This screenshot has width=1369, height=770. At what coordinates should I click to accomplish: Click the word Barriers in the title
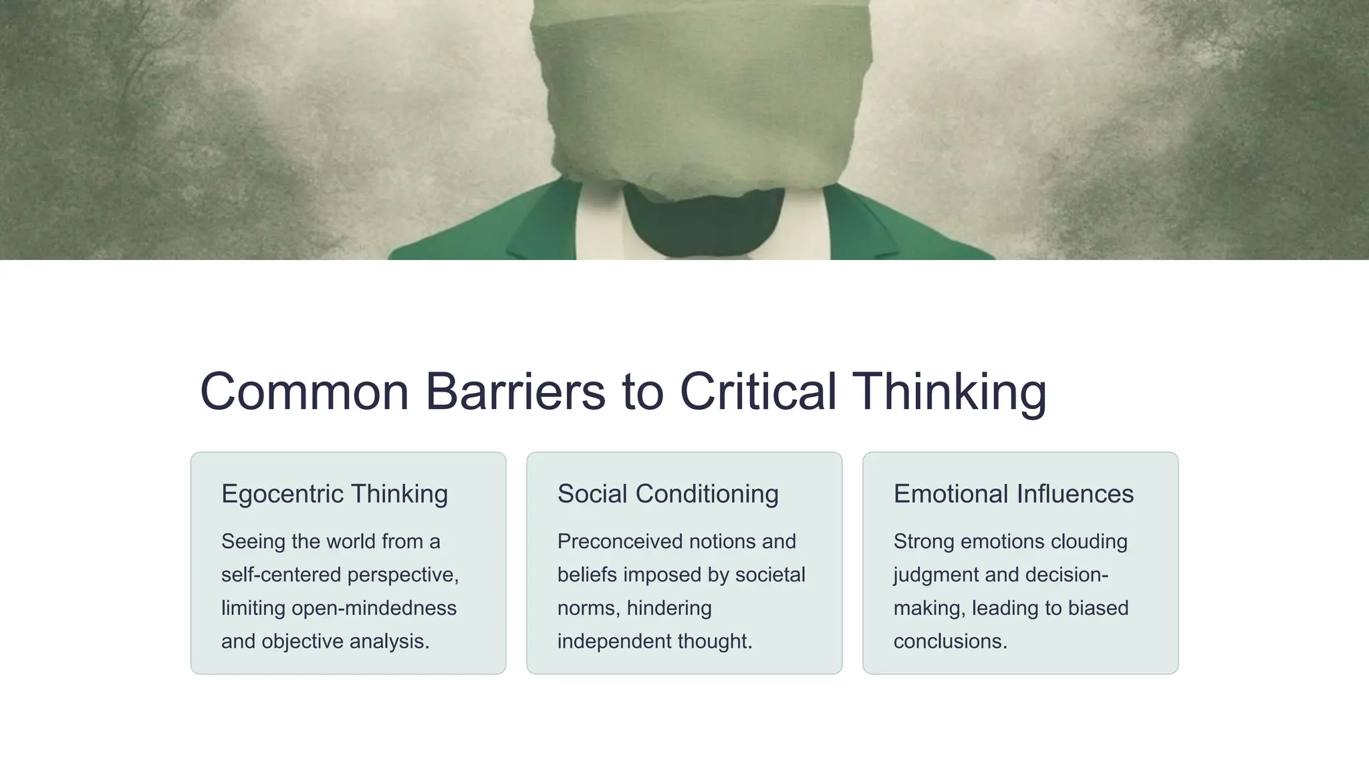pyautogui.click(x=515, y=392)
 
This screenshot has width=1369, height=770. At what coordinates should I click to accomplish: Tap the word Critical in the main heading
pyautogui.click(x=758, y=392)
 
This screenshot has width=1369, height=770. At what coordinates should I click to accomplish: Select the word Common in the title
pyautogui.click(x=304, y=392)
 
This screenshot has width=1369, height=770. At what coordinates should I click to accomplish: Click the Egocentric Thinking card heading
pyautogui.click(x=334, y=494)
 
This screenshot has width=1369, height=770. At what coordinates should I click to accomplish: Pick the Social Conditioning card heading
pyautogui.click(x=668, y=494)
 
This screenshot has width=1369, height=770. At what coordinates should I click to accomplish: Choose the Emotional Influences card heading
pyautogui.click(x=1013, y=494)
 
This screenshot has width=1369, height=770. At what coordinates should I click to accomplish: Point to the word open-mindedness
pyautogui.click(x=374, y=608)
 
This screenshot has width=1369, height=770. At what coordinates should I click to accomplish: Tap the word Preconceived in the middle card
pyautogui.click(x=620, y=541)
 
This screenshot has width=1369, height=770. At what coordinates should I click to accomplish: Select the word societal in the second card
pyautogui.click(x=770, y=575)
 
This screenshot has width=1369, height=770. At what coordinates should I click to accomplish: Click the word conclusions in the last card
pyautogui.click(x=950, y=642)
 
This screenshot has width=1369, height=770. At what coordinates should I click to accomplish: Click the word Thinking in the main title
pyautogui.click(x=949, y=392)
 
